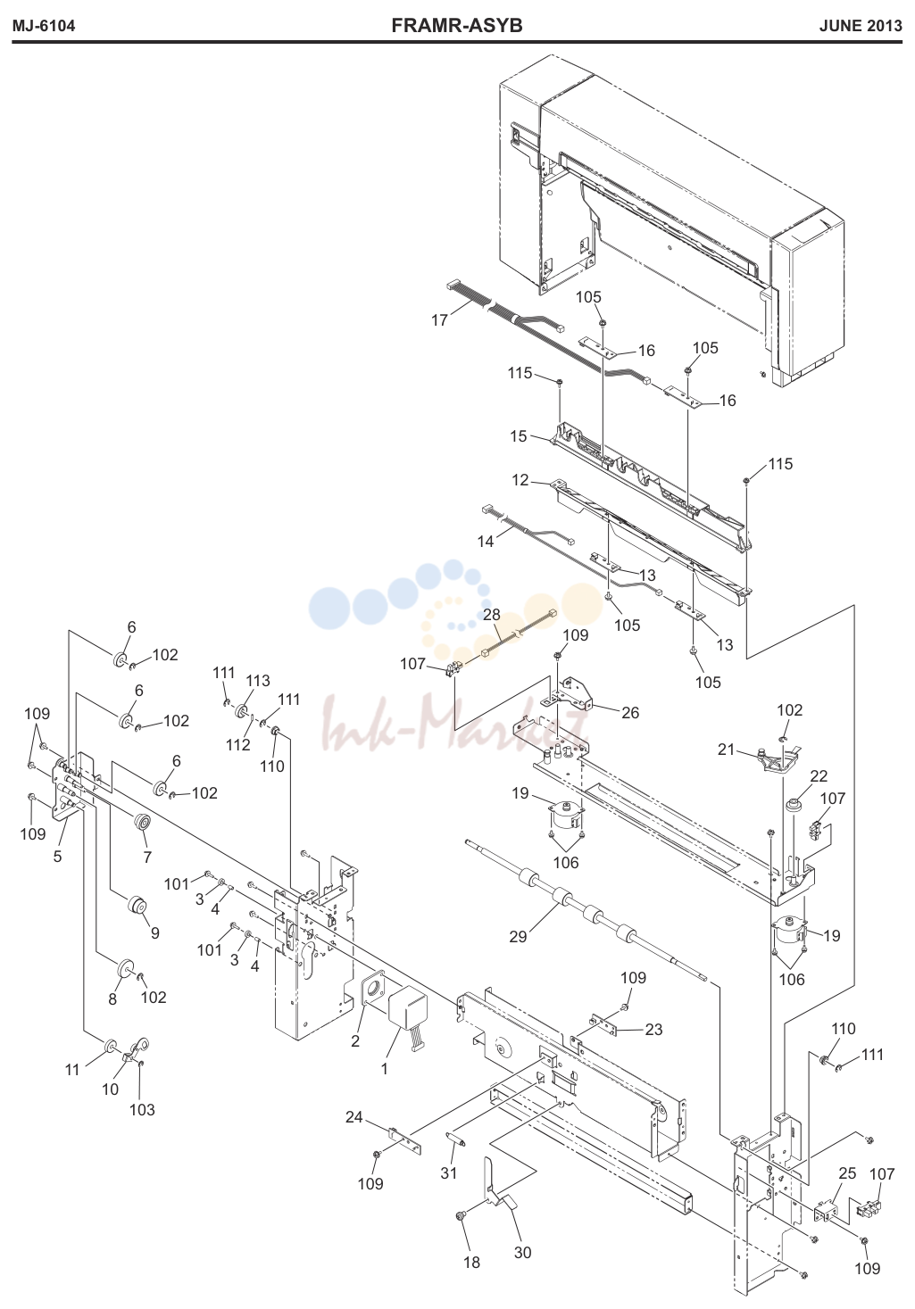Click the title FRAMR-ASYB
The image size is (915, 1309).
point(457,26)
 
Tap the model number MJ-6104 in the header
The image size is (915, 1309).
point(44,26)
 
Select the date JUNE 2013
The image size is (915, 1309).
point(861,26)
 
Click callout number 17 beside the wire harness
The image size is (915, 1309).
point(439,320)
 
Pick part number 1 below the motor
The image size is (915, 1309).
point(384,1069)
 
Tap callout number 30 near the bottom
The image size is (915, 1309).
point(523,1252)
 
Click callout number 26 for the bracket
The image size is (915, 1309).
point(630,712)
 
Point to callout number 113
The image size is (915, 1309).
point(258,680)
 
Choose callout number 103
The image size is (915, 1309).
point(142,1110)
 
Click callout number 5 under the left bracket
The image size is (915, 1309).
point(57,857)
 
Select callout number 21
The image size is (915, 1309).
point(726,750)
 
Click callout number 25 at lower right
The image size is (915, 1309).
point(847,1173)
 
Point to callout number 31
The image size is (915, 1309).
point(448,1172)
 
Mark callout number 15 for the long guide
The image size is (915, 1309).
point(518,436)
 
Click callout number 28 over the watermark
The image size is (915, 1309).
point(492,614)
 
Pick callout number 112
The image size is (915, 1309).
point(238,744)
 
